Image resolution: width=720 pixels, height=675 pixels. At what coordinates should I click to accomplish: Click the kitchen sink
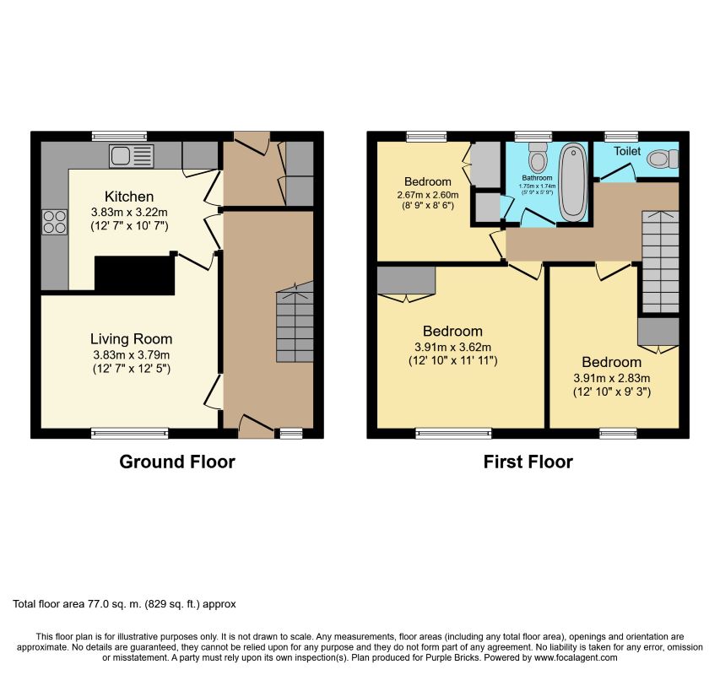132,155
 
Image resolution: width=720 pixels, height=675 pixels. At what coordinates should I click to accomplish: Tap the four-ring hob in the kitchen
55,222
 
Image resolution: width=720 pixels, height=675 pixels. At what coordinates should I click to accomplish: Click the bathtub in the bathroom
573,182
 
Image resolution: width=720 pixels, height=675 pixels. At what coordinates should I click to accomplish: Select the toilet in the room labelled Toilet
663,159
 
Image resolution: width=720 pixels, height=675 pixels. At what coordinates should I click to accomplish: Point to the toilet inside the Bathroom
537,156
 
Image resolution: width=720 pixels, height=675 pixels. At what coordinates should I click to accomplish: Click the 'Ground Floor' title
177,462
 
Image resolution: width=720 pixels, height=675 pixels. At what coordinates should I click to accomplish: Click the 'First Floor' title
528,462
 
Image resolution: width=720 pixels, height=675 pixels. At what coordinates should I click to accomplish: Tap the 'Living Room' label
132,339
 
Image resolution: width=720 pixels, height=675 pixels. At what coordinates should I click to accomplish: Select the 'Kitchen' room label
129,197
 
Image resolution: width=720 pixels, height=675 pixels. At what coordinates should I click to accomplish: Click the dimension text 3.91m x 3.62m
452,347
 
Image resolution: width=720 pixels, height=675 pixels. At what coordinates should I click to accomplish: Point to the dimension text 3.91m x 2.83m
612,378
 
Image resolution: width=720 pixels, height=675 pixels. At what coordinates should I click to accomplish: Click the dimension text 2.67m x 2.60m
427,195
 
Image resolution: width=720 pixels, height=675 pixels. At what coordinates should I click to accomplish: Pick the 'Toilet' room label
627,151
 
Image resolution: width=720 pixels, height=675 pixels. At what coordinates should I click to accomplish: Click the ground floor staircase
295,322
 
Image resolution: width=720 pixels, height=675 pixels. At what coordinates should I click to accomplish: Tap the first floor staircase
660,262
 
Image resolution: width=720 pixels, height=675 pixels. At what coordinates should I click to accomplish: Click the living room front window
129,433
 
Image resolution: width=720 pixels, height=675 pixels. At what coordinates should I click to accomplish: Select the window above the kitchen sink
119,136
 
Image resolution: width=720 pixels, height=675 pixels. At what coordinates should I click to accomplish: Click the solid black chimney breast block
134,275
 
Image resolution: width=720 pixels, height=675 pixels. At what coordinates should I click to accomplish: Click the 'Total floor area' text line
124,604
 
